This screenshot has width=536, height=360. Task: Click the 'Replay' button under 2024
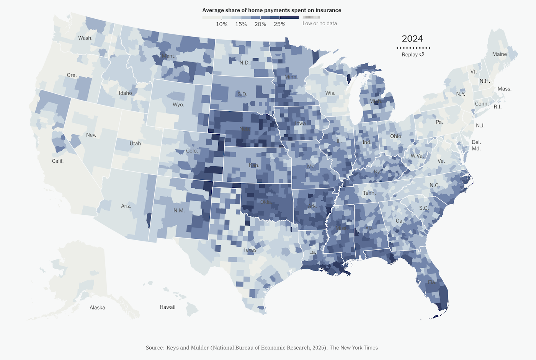click(413, 55)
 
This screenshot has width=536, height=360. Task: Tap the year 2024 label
click(412, 39)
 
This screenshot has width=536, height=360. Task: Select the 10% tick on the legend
click(222, 24)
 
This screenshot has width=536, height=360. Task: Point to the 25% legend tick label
click(279, 24)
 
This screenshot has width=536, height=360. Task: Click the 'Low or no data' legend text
click(320, 23)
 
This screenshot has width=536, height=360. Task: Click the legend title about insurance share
click(271, 10)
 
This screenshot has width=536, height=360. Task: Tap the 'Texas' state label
click(250, 250)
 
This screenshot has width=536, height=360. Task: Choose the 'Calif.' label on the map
click(58, 161)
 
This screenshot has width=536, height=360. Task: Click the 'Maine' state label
click(499, 54)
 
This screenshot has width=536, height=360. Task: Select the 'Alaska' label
click(97, 308)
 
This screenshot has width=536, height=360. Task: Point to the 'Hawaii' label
click(167, 307)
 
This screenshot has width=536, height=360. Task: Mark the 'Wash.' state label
click(85, 38)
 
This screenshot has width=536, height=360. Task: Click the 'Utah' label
click(135, 143)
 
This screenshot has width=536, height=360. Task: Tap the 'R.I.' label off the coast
click(497, 107)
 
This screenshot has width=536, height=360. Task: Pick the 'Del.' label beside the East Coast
click(476, 142)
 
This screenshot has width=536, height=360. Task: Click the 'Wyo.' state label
click(178, 104)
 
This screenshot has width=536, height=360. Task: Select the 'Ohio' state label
click(395, 136)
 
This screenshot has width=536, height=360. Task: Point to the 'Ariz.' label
click(126, 206)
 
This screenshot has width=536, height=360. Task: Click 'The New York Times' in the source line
click(354, 348)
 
